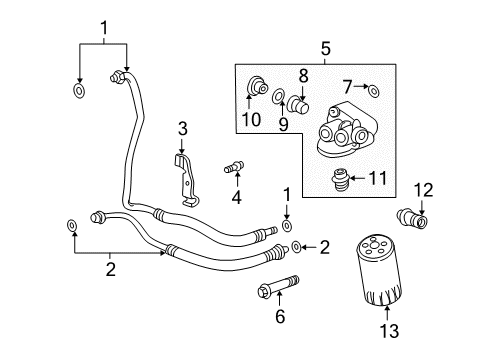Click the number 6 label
click(x=281, y=318)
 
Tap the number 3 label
click(x=182, y=128)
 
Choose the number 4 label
click(x=236, y=196)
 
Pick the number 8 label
click(x=301, y=75)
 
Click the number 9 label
click(x=283, y=125)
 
